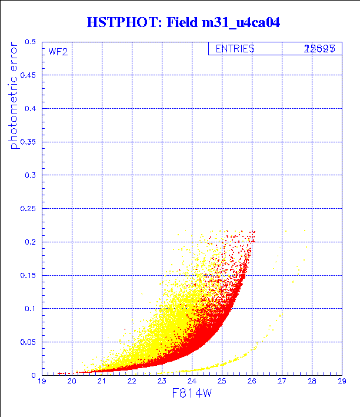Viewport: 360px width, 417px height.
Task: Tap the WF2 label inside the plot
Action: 58,52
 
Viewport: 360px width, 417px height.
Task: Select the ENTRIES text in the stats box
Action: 235,49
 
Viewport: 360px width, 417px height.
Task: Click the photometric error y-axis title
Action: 14,96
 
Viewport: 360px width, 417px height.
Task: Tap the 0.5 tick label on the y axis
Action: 31,42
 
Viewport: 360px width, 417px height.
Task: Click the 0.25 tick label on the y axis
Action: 28,209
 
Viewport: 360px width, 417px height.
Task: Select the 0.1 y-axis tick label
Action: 31,308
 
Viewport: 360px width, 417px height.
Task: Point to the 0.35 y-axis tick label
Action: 28,142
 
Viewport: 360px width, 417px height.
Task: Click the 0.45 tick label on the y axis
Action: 28,76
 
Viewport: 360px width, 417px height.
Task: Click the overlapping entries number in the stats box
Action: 319,49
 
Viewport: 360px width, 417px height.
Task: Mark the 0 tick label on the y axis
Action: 34,375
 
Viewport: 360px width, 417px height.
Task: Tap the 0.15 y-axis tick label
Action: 28,275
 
